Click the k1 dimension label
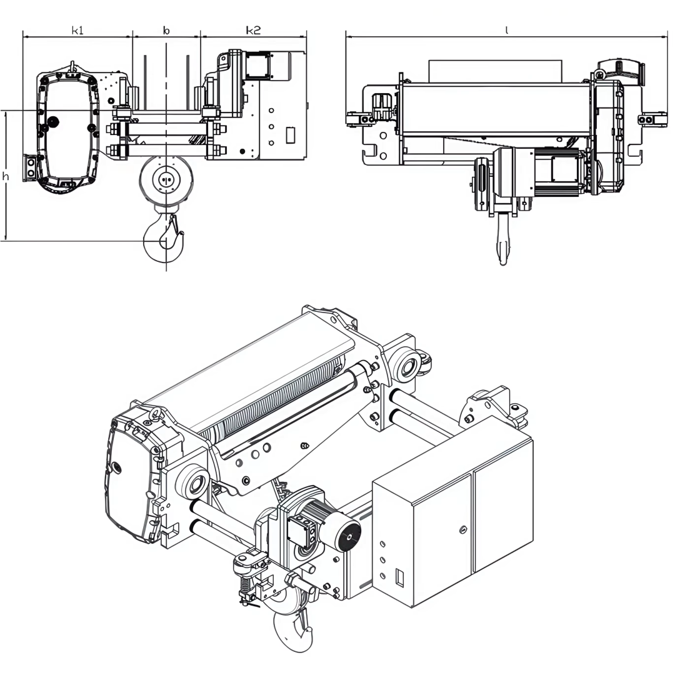click(77, 31)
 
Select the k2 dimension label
click(252, 31)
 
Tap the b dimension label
click(166, 31)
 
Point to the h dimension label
click(6, 177)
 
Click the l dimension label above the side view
click(506, 30)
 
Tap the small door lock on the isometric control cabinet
click(462, 530)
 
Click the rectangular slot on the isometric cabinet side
click(401, 574)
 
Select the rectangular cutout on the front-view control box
click(290, 135)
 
